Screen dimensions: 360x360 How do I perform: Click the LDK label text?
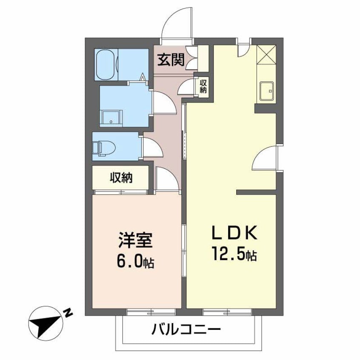pos(234,234)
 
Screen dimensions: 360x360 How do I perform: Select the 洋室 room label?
pos(136,241)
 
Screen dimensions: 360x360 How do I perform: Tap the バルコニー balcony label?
pos(186,329)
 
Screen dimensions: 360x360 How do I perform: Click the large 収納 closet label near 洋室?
pos(121,177)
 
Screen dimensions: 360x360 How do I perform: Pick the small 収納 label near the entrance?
pos(203,86)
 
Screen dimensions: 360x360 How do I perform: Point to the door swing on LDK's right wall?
pos(265,158)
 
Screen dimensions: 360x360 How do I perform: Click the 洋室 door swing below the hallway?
pos(166,177)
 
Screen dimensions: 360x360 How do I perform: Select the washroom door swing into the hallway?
pos(163,103)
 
